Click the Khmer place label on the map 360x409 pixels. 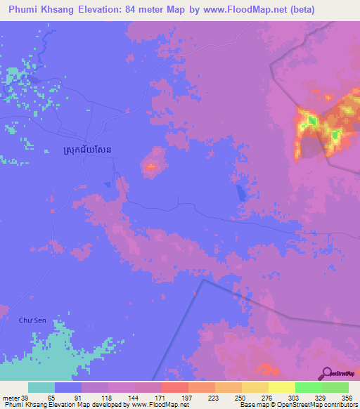point(82,150)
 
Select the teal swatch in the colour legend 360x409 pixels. point(41,387)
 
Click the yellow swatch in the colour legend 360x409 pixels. point(281,387)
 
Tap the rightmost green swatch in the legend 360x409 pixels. point(335,387)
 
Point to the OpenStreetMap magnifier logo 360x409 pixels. point(326,374)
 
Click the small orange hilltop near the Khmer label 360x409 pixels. point(150,167)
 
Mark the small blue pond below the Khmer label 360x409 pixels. point(106,184)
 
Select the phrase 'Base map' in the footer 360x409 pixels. point(252,405)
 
